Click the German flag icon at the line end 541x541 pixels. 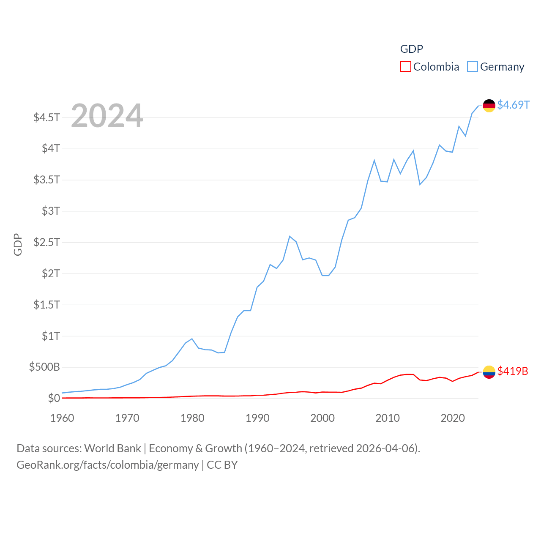pos(489,105)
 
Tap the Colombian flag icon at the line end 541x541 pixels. pos(489,372)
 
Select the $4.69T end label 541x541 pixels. pos(513,105)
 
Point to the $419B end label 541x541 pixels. pos(513,371)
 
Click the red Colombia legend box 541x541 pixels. pos(405,67)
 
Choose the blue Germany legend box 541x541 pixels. pos(473,67)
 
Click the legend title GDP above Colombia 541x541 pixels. pos(411,49)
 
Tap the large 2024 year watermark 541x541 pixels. pos(107,116)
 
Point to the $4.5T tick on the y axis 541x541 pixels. pos(47,117)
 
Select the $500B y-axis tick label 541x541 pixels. pos(44,367)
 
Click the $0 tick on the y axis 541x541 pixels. pos(54,398)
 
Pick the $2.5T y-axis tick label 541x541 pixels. pos(47,242)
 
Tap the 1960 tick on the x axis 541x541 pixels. pos(62,418)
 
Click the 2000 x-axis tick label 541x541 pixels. pos(322,418)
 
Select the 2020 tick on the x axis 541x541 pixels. pos(453,418)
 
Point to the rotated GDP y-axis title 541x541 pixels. pos(18,244)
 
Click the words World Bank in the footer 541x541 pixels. pos(112,448)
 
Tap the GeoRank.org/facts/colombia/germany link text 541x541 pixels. pos(107,465)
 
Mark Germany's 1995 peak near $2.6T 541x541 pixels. pos(290,236)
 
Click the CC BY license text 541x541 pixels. pos(222,465)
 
